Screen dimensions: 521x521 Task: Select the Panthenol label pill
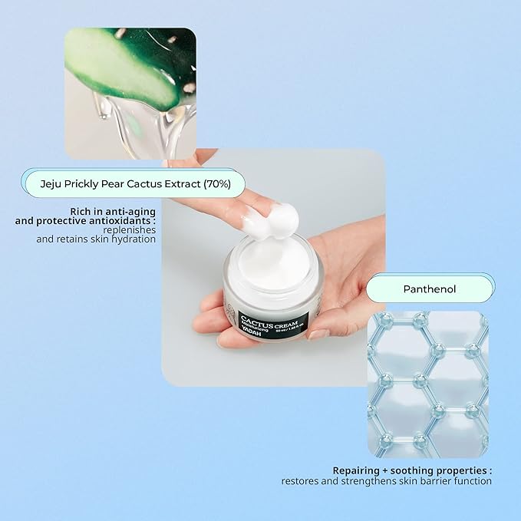pos(429,289)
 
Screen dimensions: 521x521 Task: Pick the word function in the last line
pos(472,481)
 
